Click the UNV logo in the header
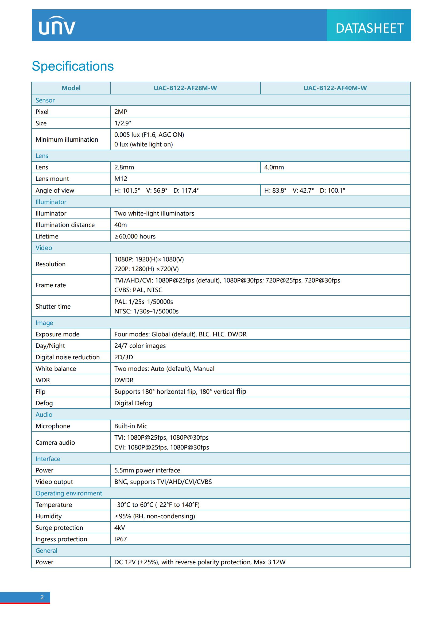click(x=57, y=26)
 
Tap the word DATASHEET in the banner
click(x=369, y=28)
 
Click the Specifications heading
click(x=73, y=66)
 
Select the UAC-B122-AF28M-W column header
click(x=185, y=88)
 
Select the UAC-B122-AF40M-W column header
click(x=335, y=88)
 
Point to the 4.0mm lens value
click(x=274, y=168)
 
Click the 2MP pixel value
click(x=121, y=112)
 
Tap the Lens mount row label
click(x=52, y=179)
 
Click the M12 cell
click(x=121, y=179)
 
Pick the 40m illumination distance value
click(x=121, y=225)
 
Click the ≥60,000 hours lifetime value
click(x=135, y=236)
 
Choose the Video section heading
click(x=44, y=248)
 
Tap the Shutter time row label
click(x=53, y=307)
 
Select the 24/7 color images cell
click(x=140, y=346)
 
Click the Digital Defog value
click(x=133, y=403)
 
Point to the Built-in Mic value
click(x=131, y=426)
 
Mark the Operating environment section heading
click(x=69, y=493)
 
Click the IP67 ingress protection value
click(x=121, y=539)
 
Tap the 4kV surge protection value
click(x=119, y=528)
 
